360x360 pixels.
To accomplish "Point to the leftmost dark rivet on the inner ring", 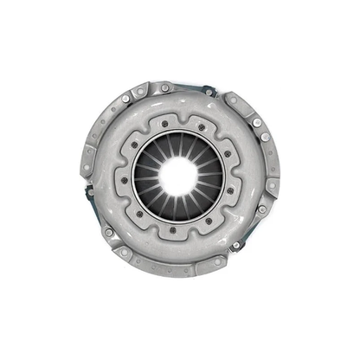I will click(124, 180).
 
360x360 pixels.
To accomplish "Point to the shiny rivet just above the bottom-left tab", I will click(108, 231).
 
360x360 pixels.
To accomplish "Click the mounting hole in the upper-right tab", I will click(232, 99).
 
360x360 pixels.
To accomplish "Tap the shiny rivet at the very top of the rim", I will click(165, 87).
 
